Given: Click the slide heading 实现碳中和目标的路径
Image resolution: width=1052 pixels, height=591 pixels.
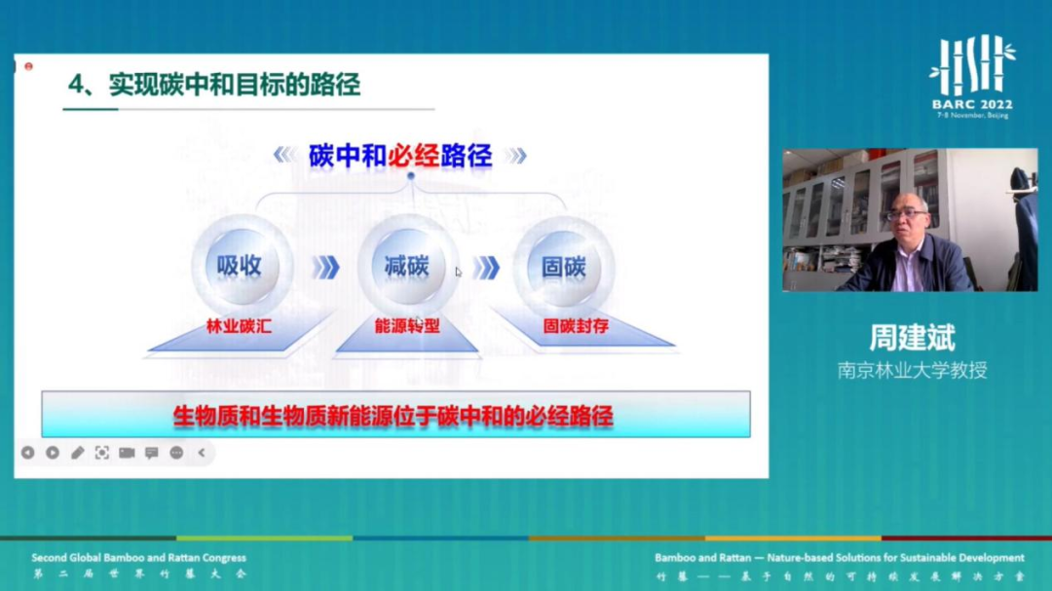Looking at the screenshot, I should tap(214, 85).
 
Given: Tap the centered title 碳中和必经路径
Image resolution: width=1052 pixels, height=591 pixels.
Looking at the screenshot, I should tap(400, 156).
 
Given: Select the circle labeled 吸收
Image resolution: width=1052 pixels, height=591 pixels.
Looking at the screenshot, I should tap(240, 267).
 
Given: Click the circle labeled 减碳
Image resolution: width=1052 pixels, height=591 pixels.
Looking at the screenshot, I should tap(406, 267).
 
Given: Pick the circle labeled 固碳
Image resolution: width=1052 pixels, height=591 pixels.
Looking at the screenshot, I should tap(564, 267).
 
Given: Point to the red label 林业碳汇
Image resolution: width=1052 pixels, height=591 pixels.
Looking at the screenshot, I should tap(239, 327).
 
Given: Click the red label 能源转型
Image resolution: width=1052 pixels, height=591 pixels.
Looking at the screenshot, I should tap(407, 326).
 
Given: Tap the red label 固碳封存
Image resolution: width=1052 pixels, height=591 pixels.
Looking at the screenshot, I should tap(576, 327).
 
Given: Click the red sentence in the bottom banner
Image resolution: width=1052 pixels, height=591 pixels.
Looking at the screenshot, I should tap(394, 417).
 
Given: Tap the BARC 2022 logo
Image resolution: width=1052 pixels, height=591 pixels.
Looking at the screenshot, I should tap(972, 76).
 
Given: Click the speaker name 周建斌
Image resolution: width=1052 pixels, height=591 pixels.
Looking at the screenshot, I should tap(912, 338).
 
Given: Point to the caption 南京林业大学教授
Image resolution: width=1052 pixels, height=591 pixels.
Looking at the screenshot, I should tap(912, 371).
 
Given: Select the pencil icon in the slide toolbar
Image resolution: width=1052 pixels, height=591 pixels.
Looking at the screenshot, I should tap(77, 453).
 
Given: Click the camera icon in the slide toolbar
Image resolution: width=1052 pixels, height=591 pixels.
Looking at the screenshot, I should tap(127, 453).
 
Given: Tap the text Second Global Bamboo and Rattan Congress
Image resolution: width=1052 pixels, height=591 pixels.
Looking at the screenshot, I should tap(138, 558).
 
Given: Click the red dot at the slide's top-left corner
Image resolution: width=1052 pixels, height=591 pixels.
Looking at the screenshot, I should tap(28, 66).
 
